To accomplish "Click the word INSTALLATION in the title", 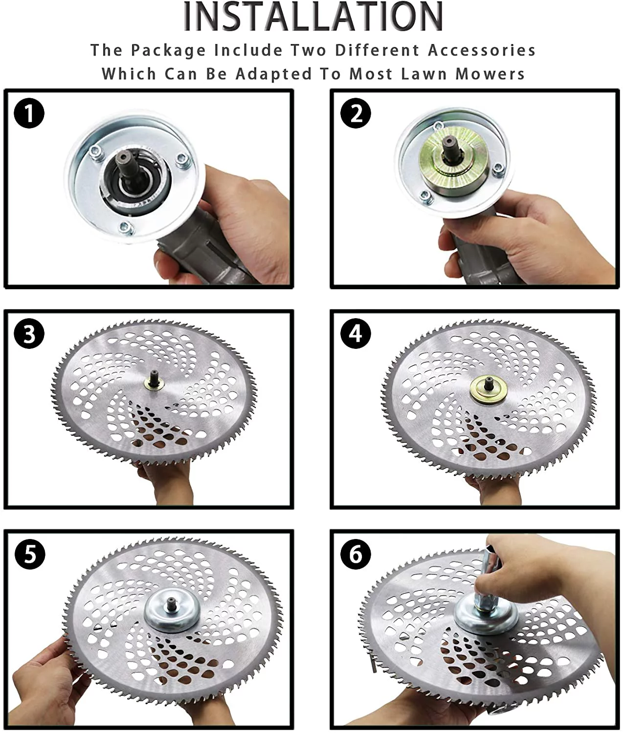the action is pos(313,17).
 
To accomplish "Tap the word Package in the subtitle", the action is pos(169,51).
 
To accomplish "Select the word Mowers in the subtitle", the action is pos(489,74).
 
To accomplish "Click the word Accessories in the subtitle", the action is pos(482,50).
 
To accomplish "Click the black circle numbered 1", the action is pos(29,114).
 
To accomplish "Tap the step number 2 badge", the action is pos(356,113).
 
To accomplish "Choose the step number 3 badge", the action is pos(29,334).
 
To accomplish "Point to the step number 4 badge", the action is pos(356,334).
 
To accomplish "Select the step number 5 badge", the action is pos(29,554).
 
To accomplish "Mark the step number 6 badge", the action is pos(356,554).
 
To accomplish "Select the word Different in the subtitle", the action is pos(377,50).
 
